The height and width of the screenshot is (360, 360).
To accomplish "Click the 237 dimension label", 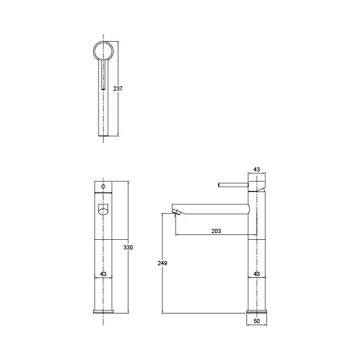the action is point(118,88).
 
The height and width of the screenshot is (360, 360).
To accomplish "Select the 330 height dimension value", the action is point(128,248).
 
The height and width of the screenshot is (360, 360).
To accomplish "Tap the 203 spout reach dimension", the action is point(216,231).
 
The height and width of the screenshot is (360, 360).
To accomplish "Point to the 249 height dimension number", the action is point(162,263).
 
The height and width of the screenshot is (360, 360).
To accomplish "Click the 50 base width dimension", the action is point(257,321).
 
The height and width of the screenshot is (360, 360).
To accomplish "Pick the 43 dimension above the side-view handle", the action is point(257,170).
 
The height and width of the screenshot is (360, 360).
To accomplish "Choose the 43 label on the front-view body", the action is point(103,274).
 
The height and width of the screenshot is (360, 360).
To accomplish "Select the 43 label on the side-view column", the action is point(257,274).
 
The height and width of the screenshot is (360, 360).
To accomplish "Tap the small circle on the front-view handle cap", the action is point(103,187).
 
